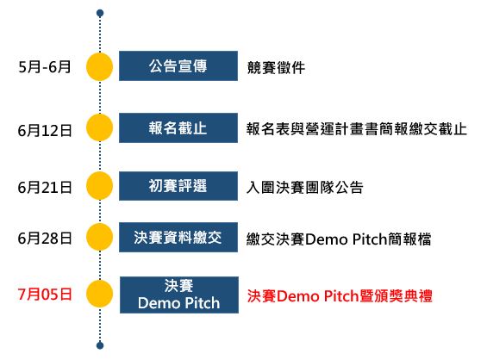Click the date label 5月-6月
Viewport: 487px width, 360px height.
(x=45, y=65)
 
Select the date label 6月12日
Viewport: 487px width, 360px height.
(x=44, y=130)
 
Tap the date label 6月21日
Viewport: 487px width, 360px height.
(x=44, y=186)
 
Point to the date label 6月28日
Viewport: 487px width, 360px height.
(x=44, y=238)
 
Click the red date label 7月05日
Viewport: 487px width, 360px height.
(x=44, y=294)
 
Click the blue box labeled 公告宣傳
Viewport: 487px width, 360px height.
(x=178, y=65)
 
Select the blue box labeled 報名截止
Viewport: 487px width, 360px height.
(x=178, y=129)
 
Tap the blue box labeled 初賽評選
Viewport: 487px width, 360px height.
(x=178, y=185)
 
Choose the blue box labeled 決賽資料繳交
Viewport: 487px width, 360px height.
(x=178, y=238)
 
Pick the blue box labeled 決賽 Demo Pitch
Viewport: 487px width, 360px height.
(x=178, y=294)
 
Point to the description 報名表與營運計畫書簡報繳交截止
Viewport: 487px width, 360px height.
(x=356, y=130)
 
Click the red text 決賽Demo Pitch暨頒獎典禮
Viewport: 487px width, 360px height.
(x=340, y=295)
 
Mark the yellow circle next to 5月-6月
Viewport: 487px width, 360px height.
(x=101, y=66)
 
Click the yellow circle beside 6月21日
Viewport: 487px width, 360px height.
(x=101, y=185)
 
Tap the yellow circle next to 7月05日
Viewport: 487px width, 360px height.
(x=101, y=294)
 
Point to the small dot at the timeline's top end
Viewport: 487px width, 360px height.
(x=101, y=14)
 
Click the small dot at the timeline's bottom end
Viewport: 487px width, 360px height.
(x=101, y=346)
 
